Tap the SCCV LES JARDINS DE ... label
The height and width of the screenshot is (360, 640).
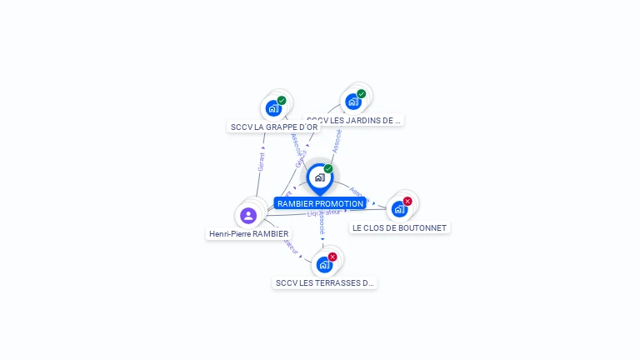pyautogui.click(x=353, y=120)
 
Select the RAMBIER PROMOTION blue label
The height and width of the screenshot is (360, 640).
pyautogui.click(x=320, y=203)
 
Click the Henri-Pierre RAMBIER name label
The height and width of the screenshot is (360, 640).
pyautogui.click(x=249, y=234)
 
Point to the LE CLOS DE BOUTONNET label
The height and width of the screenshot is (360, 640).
pyautogui.click(x=399, y=227)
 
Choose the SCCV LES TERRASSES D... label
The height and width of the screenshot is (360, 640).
pyautogui.click(x=325, y=283)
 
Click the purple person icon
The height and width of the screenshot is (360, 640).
pyautogui.click(x=247, y=216)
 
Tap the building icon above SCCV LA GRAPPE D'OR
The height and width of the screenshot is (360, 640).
pyautogui.click(x=272, y=108)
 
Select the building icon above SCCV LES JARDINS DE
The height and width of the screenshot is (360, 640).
pyautogui.click(x=352, y=102)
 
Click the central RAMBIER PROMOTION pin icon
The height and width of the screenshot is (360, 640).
pyautogui.click(x=319, y=177)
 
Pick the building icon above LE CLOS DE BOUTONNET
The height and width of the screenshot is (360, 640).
pyautogui.click(x=399, y=209)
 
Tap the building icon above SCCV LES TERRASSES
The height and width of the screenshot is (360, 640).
pyautogui.click(x=324, y=265)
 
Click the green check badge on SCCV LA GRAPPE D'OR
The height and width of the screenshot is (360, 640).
pyautogui.click(x=282, y=100)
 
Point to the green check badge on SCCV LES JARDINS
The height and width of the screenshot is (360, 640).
pyautogui.click(x=361, y=93)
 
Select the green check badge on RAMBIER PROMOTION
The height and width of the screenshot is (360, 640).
pyautogui.click(x=328, y=169)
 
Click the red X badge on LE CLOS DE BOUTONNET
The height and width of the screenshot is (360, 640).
pyautogui.click(x=407, y=201)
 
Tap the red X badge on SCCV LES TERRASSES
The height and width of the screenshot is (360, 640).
pyautogui.click(x=332, y=257)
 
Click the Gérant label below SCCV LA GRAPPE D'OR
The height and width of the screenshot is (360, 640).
pyautogui.click(x=262, y=161)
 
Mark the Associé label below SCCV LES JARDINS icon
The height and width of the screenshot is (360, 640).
pyautogui.click(x=337, y=139)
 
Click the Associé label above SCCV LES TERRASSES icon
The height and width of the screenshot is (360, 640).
pyautogui.click(x=322, y=220)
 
